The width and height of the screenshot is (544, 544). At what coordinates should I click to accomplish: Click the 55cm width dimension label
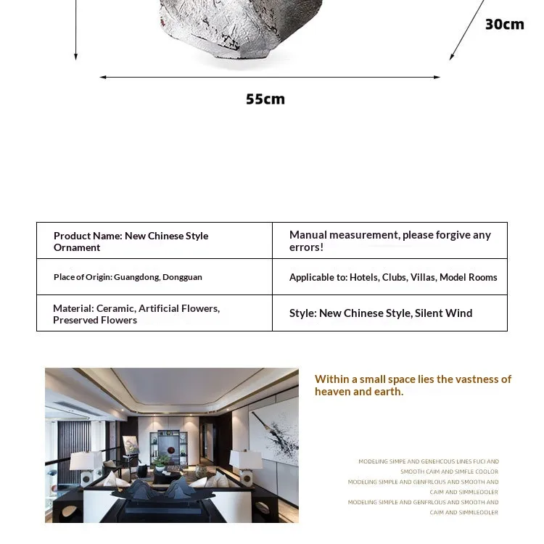click(x=265, y=99)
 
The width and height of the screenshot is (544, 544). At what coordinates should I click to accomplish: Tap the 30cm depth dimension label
click(x=504, y=25)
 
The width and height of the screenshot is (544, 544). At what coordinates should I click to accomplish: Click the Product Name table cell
click(x=154, y=241)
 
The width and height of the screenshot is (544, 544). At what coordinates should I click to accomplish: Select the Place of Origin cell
click(x=154, y=277)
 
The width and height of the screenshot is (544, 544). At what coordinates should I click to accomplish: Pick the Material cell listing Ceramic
click(x=154, y=313)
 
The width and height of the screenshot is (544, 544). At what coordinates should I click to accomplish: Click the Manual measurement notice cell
click(x=390, y=241)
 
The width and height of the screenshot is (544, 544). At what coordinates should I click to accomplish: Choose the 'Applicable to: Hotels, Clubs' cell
click(x=390, y=277)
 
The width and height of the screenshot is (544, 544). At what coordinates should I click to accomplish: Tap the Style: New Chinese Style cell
click(x=390, y=313)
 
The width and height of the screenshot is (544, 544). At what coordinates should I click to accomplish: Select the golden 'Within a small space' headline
click(x=413, y=385)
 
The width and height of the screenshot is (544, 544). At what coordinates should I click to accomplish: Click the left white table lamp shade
click(x=86, y=460)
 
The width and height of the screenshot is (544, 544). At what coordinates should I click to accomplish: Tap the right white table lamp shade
click(x=245, y=459)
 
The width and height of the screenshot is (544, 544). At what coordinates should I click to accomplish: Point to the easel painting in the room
click(x=131, y=445)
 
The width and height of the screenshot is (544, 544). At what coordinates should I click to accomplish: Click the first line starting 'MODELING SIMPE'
click(x=429, y=461)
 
